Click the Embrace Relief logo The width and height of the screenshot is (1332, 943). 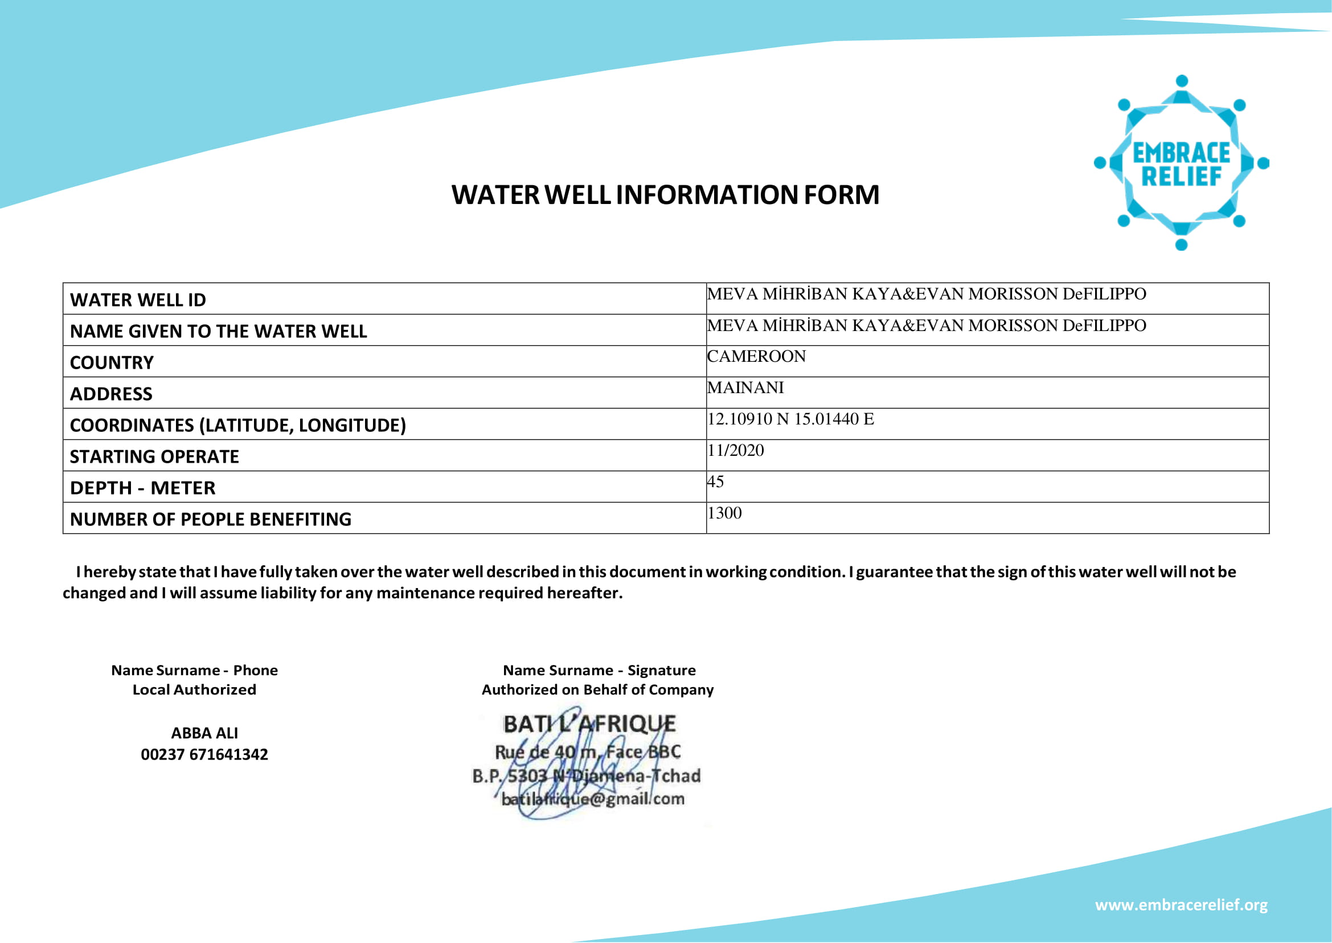1181,163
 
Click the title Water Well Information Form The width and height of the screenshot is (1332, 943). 665,195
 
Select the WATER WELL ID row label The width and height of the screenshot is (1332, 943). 138,300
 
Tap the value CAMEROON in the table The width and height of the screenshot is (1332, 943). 756,357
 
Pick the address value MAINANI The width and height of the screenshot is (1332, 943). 745,388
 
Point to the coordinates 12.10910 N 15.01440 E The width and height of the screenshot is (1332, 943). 790,419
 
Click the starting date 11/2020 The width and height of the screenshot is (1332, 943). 735,451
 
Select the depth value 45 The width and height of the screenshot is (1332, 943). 716,482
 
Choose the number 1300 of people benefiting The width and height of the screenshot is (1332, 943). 724,513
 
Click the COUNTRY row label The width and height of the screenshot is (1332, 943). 112,363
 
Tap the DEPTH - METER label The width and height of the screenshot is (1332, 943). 143,488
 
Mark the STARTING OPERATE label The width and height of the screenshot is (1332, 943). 154,457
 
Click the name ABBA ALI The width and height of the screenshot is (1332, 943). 204,733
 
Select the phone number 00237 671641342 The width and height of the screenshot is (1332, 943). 204,755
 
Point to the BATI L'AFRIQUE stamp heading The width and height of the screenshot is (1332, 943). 589,724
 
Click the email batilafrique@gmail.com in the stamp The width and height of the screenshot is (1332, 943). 593,799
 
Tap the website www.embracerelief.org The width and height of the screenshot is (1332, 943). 1181,905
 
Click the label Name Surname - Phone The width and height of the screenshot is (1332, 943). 194,671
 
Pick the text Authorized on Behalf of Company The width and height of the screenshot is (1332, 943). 597,690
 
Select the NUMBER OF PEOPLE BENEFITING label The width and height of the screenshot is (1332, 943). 211,520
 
